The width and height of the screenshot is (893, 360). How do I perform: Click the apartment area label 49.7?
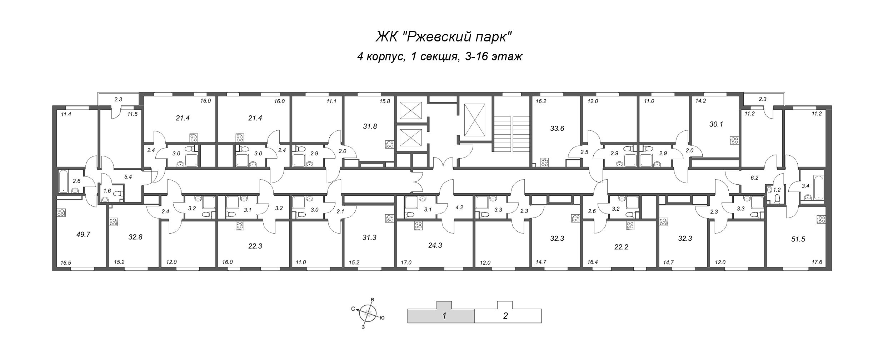pyautogui.click(x=83, y=235)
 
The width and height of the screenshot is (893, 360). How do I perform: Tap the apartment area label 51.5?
pyautogui.click(x=798, y=239)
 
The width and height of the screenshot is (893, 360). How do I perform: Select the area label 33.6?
pyautogui.click(x=557, y=129)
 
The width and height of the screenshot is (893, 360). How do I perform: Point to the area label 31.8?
pyautogui.click(x=370, y=126)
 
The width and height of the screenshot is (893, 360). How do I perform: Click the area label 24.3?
pyautogui.click(x=435, y=245)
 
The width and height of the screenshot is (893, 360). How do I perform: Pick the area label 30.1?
pyautogui.click(x=716, y=124)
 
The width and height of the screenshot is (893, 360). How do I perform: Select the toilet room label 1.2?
pyautogui.click(x=777, y=190)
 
